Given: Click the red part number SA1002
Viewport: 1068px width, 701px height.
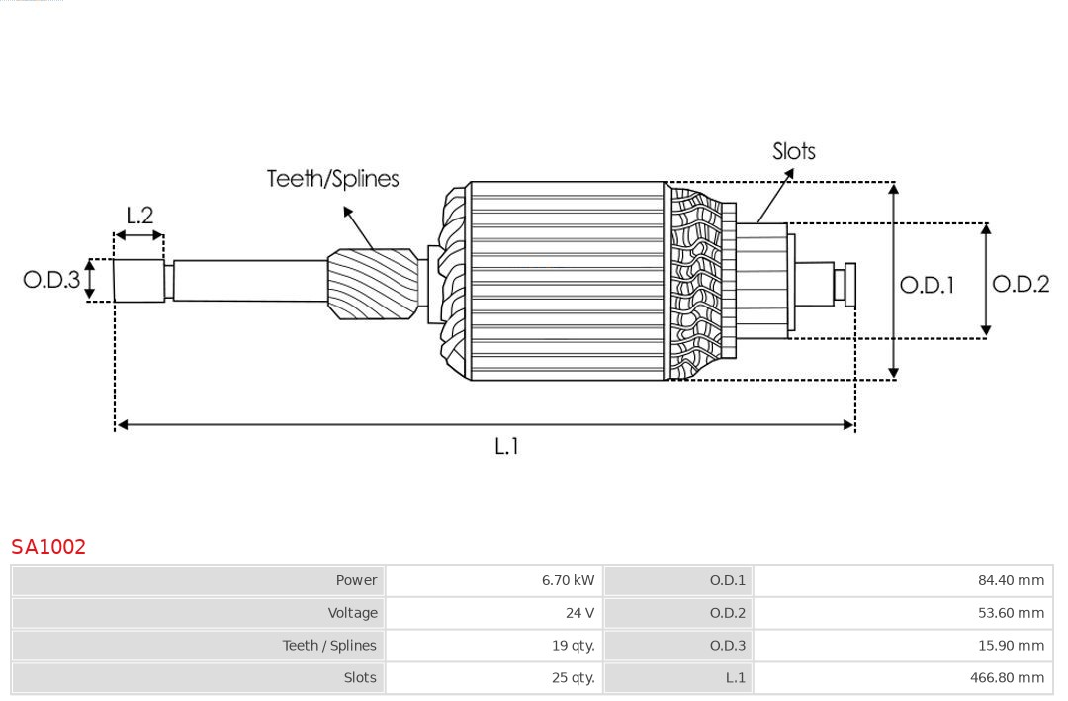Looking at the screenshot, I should pyautogui.click(x=48, y=547).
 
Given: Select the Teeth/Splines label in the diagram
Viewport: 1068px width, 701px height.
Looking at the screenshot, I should pyautogui.click(x=332, y=179).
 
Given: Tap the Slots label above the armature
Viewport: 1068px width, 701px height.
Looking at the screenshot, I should pyautogui.click(x=793, y=151).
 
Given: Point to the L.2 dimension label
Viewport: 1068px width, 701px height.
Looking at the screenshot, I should pyautogui.click(x=139, y=216).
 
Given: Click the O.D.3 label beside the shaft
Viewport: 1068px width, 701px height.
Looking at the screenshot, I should pyautogui.click(x=51, y=280).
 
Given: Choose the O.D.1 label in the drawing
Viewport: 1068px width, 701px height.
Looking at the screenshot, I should pyautogui.click(x=927, y=285).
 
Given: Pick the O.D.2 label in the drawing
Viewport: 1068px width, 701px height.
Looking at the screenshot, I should pyautogui.click(x=1020, y=284).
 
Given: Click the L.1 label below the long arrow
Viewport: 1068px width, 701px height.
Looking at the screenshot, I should pyautogui.click(x=506, y=447).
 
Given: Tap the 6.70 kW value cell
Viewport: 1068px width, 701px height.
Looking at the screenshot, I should pyautogui.click(x=568, y=581).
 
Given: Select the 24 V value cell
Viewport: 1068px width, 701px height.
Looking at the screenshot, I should pyautogui.click(x=579, y=613).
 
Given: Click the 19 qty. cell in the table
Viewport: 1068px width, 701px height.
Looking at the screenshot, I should pyautogui.click(x=573, y=646).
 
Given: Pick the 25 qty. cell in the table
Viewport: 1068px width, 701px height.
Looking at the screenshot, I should pyautogui.click(x=573, y=678).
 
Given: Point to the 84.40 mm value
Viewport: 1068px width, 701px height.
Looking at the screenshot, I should pyautogui.click(x=1011, y=581).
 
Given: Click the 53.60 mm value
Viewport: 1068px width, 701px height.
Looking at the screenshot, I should pyautogui.click(x=1011, y=613).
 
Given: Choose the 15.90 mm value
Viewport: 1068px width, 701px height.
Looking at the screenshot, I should pyautogui.click(x=1011, y=646).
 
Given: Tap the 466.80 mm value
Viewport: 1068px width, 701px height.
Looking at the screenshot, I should pyautogui.click(x=1007, y=678).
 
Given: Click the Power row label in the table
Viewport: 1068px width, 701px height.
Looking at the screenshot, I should pyautogui.click(x=356, y=581).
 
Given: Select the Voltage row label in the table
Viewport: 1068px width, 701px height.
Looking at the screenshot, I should pyautogui.click(x=352, y=613).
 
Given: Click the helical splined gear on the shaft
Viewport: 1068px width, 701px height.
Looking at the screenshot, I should pyautogui.click(x=373, y=283).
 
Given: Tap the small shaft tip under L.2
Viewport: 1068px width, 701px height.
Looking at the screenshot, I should pyautogui.click(x=138, y=280).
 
